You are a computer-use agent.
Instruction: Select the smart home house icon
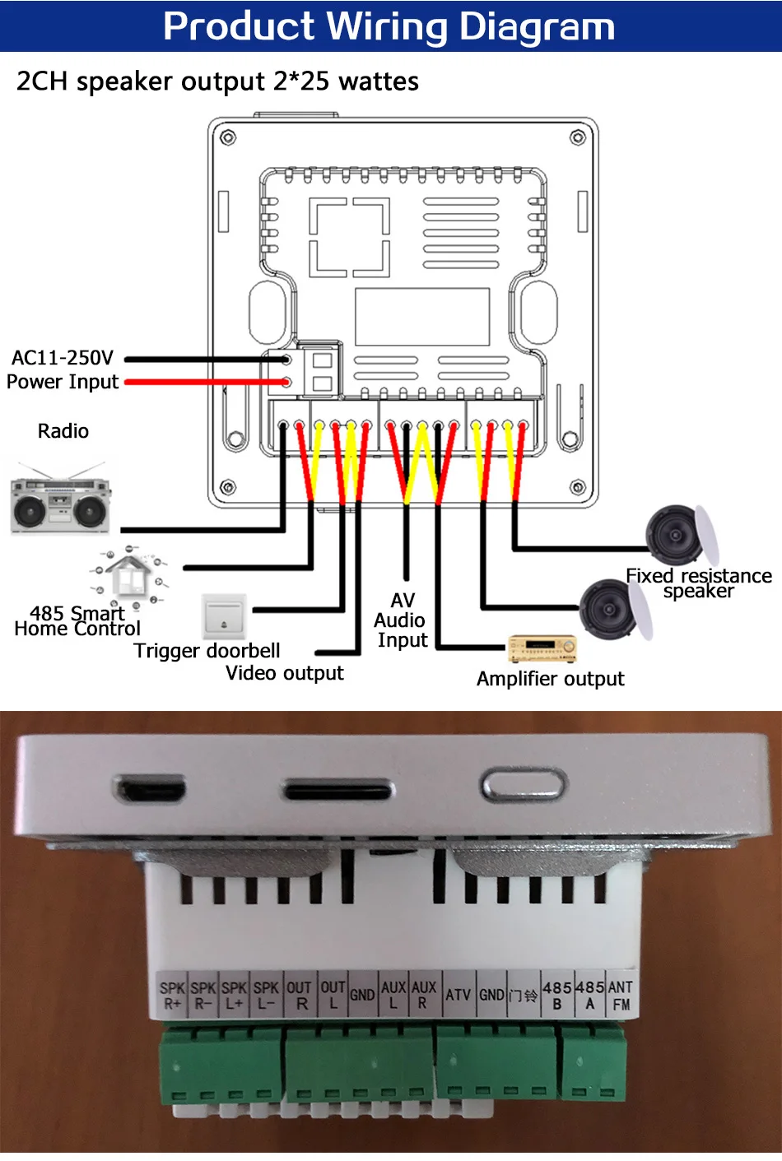pos(129,577)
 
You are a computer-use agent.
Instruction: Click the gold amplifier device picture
pos(542,649)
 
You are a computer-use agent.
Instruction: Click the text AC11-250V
pos(63,358)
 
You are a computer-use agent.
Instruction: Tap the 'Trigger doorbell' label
pos(207,651)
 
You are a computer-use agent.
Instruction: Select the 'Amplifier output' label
pos(550,679)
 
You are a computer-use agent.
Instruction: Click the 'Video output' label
pos(284,673)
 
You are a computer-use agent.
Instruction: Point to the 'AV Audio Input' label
pos(402,620)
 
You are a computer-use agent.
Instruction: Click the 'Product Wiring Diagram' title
pos(389,26)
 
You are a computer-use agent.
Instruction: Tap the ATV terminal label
pos(458,995)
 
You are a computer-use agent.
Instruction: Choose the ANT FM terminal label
pos(621,996)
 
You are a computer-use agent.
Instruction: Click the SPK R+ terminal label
pos(172,996)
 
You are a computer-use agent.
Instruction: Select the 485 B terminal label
pos(557,995)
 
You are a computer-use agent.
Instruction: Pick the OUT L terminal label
pos(333,995)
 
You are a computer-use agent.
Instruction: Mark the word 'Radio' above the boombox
pos(63,431)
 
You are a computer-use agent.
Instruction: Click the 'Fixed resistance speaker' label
pos(698,583)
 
